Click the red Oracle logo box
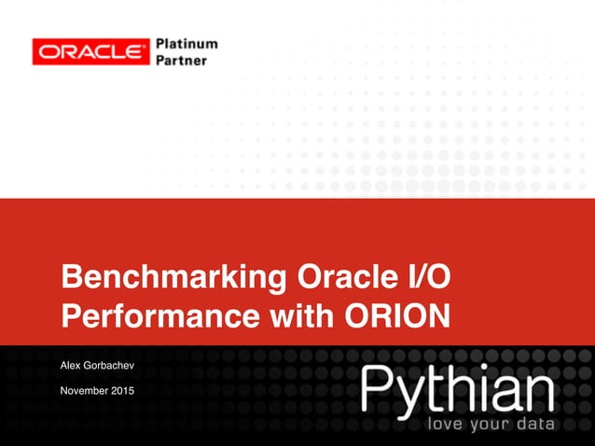coord(90,51)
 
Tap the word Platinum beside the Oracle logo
coord(187,44)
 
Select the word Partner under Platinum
coord(181,61)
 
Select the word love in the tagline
coord(444,425)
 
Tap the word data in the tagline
coord(536,425)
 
